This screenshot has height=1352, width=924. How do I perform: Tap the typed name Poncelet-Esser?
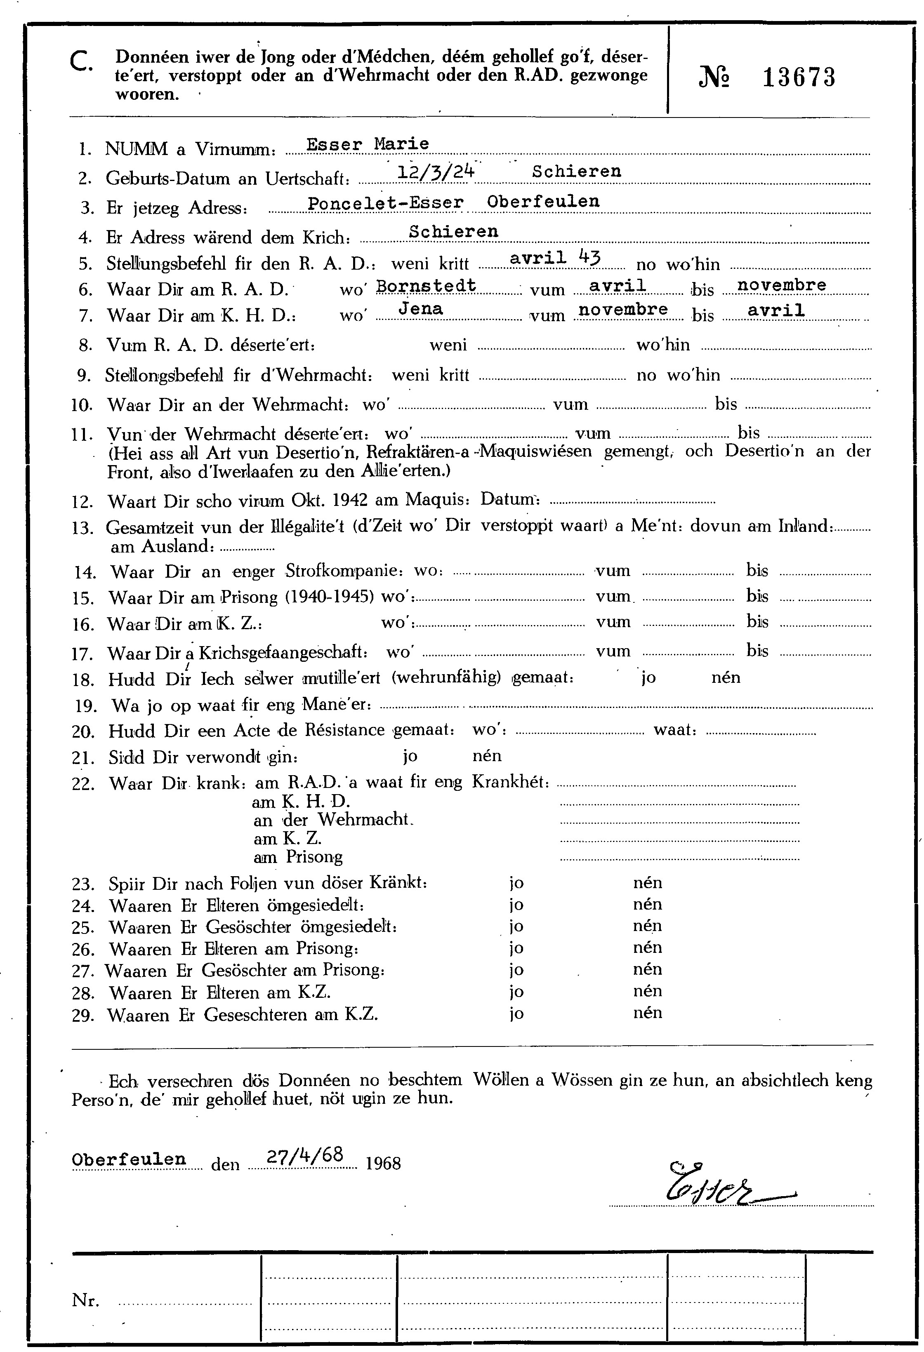[x=385, y=202]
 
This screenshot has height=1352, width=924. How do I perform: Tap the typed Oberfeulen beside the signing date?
[x=129, y=1159]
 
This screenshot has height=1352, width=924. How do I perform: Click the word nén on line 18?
[x=726, y=677]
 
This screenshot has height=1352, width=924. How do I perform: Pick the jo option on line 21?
[x=410, y=756]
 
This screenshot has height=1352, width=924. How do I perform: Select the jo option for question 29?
[x=516, y=1014]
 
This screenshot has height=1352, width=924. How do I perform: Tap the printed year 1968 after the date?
[x=384, y=1163]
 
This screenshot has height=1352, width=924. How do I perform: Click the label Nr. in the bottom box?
[x=85, y=1300]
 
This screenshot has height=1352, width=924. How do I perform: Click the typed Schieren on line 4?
[x=453, y=232]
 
